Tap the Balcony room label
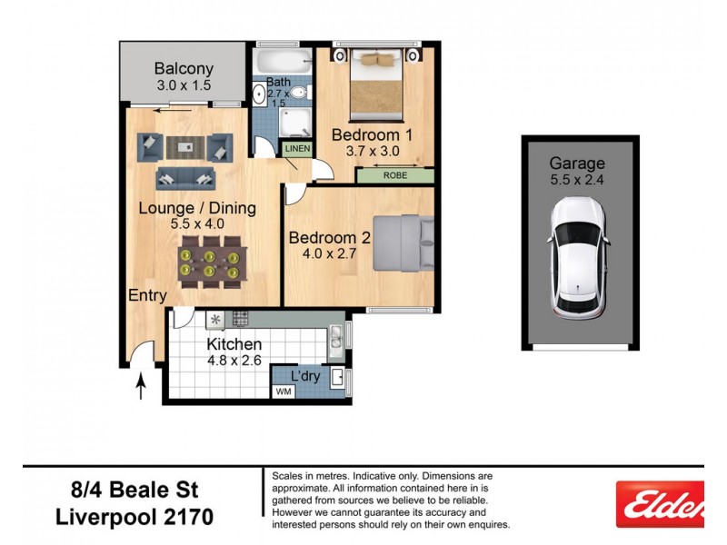184,69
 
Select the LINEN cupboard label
297,149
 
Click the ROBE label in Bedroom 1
394,175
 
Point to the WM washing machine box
283,391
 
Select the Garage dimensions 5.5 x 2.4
577,181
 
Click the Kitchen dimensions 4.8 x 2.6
234,362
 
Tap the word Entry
147,295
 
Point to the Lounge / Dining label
197,208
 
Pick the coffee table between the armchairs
185,145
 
